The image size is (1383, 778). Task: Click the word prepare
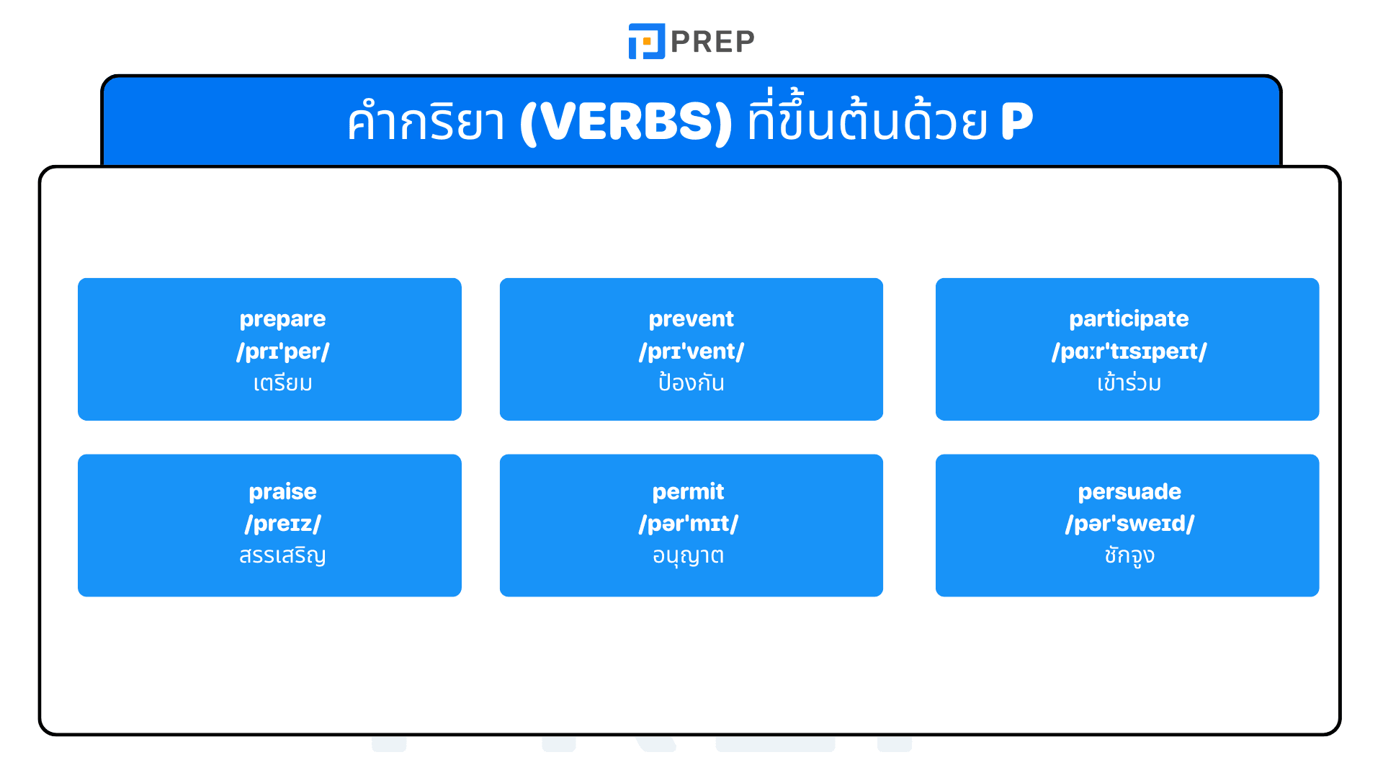pyautogui.click(x=282, y=319)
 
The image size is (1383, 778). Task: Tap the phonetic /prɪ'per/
pyautogui.click(x=282, y=352)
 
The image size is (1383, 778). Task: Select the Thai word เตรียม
pyautogui.click(x=282, y=383)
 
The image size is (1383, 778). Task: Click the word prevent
pyautogui.click(x=691, y=319)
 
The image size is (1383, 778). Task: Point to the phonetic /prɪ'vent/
pyautogui.click(x=691, y=352)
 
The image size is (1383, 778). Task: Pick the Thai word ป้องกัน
pyautogui.click(x=691, y=383)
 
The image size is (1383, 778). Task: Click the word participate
pyautogui.click(x=1128, y=319)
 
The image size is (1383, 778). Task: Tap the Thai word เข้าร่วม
pyautogui.click(x=1128, y=383)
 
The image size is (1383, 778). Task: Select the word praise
pyautogui.click(x=282, y=492)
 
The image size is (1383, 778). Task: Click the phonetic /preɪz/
pyautogui.click(x=282, y=524)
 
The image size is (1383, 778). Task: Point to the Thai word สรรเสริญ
pyautogui.click(x=282, y=555)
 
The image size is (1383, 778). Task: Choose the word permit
pyautogui.click(x=688, y=492)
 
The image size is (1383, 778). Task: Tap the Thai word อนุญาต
pyautogui.click(x=688, y=555)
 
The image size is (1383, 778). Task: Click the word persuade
pyautogui.click(x=1129, y=492)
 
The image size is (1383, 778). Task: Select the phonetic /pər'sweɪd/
pyautogui.click(x=1129, y=524)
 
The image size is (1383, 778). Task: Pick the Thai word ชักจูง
pyautogui.click(x=1129, y=555)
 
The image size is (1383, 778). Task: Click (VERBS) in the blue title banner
pyautogui.click(x=625, y=122)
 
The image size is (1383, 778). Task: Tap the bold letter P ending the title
pyautogui.click(x=1016, y=121)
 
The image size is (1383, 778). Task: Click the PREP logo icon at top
pyautogui.click(x=646, y=41)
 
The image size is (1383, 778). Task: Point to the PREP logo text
pyautogui.click(x=712, y=42)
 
